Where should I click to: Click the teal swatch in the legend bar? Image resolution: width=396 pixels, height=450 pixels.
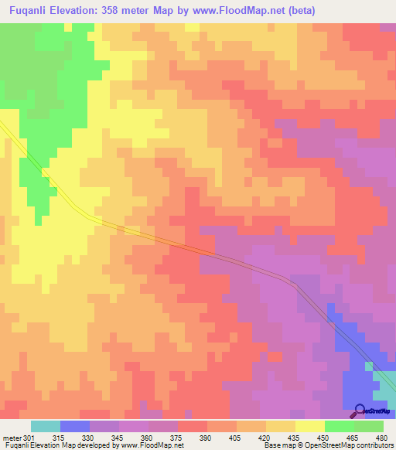[46, 426]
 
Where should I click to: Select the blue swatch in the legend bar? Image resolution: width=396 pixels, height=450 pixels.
[75, 426]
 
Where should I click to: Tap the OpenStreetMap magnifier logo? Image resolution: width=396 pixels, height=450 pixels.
[359, 410]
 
